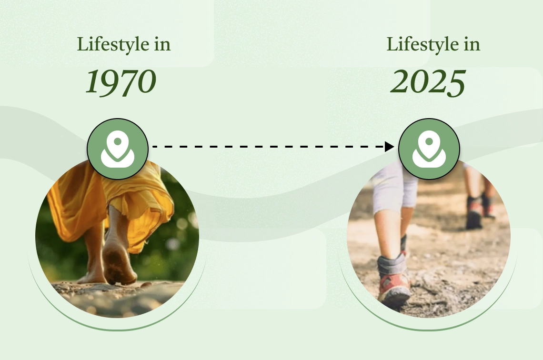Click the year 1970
[x=121, y=82]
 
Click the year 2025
[x=428, y=82]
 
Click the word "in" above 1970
[x=162, y=45]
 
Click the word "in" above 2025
[x=472, y=45]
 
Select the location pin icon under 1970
[x=117, y=149]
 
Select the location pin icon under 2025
[x=429, y=149]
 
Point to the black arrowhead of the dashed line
[x=390, y=147]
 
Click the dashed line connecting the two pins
[x=269, y=147]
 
